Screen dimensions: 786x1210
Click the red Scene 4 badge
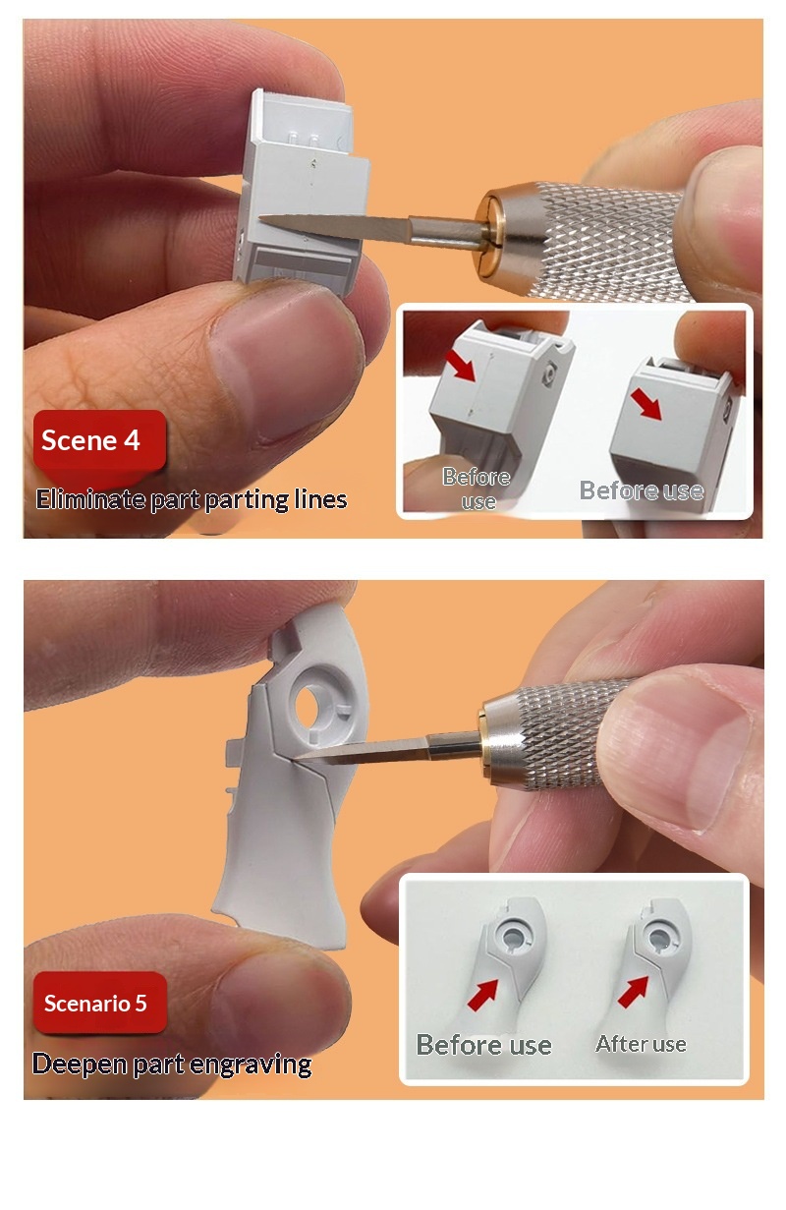click(x=99, y=440)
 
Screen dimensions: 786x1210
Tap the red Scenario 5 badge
click(x=100, y=1003)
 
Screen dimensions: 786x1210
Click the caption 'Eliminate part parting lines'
click(x=192, y=499)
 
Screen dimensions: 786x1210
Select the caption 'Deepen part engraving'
click(x=172, y=1065)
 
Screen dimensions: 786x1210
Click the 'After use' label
click(x=641, y=1044)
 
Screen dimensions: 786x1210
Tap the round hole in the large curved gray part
click(x=307, y=705)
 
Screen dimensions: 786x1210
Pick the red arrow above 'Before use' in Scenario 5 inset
click(x=482, y=996)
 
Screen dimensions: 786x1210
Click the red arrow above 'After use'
click(x=633, y=993)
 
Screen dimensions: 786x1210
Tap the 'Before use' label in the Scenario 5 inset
click(x=483, y=1045)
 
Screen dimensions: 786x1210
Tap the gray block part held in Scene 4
click(x=302, y=195)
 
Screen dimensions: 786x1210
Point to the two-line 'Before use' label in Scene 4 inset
click(x=477, y=489)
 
